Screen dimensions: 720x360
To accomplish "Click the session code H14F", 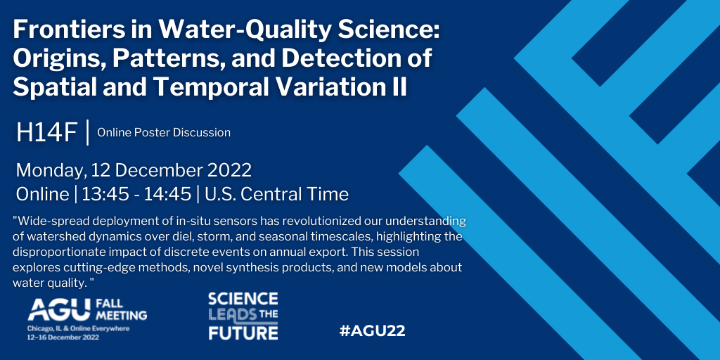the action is [46, 133].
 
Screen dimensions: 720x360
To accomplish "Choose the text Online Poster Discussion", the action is [164, 133].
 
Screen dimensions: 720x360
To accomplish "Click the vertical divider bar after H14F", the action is [87, 133].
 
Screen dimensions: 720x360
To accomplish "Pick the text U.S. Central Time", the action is [276, 194].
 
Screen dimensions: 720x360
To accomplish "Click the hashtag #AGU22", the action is [373, 331].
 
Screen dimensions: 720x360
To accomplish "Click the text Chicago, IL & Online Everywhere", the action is [78, 329].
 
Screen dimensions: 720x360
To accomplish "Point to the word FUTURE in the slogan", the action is [243, 332].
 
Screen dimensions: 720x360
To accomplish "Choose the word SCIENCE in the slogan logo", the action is [243, 300].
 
